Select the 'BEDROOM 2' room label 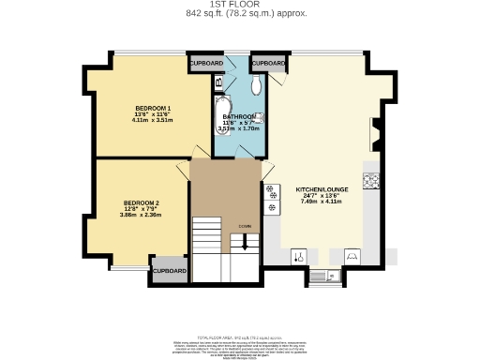click(x=142, y=203)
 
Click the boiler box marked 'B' click(x=218, y=83)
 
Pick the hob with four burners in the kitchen click(x=272, y=193)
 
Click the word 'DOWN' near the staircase click(x=244, y=227)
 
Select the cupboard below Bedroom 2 click(x=170, y=271)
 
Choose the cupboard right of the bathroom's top click(x=269, y=63)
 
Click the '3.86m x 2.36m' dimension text click(x=142, y=216)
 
